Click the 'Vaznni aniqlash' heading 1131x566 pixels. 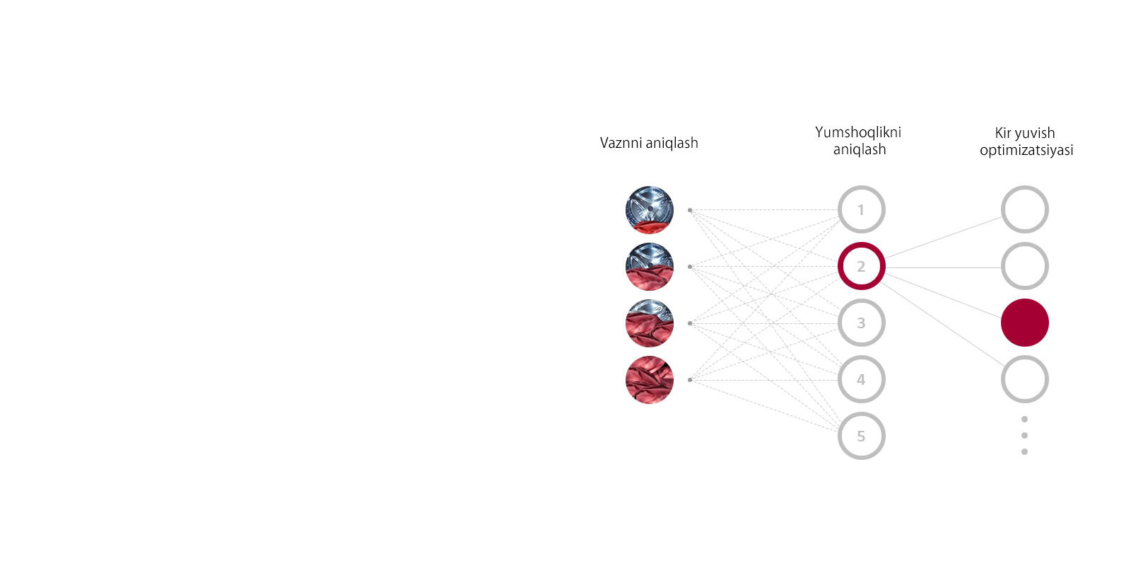pyautogui.click(x=649, y=143)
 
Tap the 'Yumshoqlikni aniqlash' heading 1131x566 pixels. pyautogui.click(x=858, y=141)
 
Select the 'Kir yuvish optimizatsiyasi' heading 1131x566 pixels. pyautogui.click(x=1026, y=141)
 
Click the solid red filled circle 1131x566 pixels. pyautogui.click(x=1025, y=323)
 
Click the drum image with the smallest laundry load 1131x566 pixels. pyautogui.click(x=650, y=209)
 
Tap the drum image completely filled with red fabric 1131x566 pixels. pyautogui.click(x=650, y=379)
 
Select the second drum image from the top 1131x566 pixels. pyautogui.click(x=650, y=266)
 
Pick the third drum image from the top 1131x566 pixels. pyautogui.click(x=650, y=323)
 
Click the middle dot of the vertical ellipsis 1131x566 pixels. pyautogui.click(x=1024, y=435)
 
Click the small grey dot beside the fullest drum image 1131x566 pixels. pyautogui.click(x=690, y=379)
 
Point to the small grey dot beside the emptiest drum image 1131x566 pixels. pyautogui.click(x=690, y=209)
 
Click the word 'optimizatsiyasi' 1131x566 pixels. pyautogui.click(x=1026, y=151)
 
